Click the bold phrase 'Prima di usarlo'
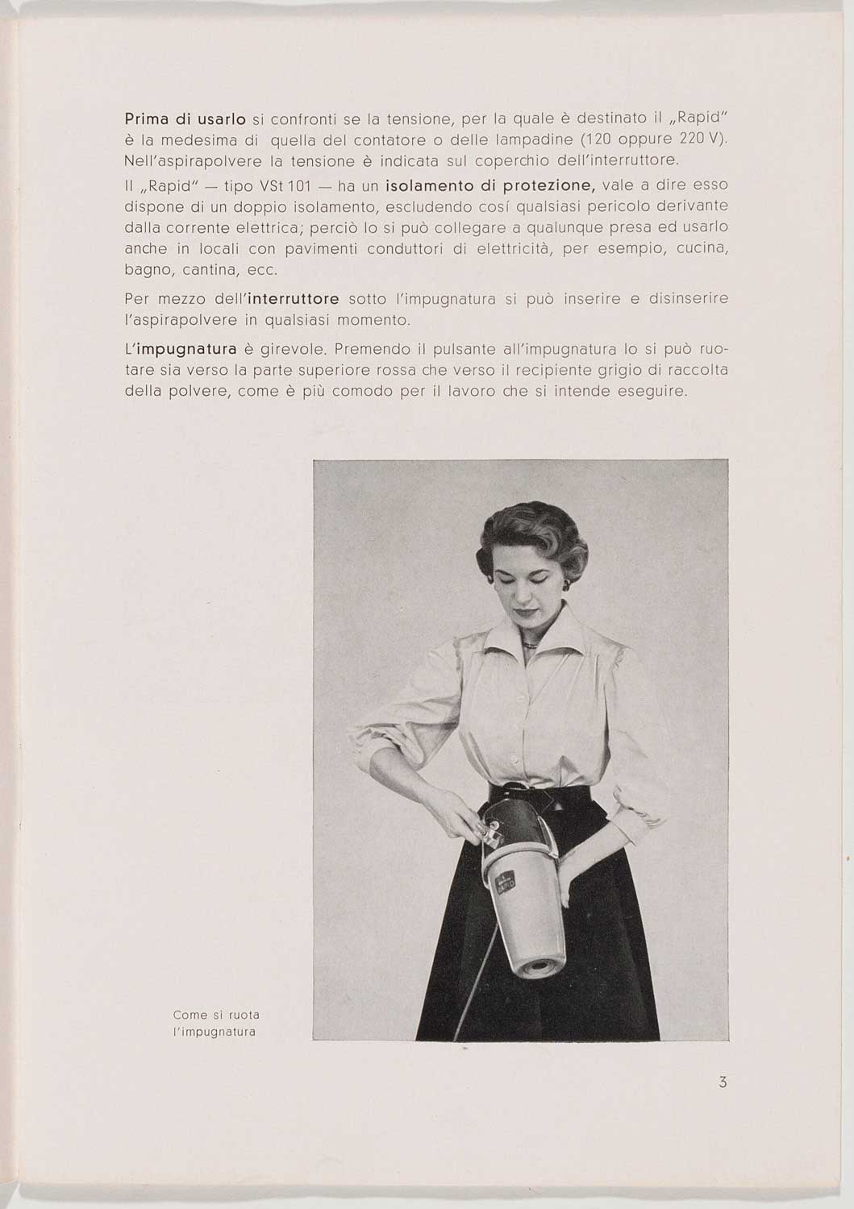185,119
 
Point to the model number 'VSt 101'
282,186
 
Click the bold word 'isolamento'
428,186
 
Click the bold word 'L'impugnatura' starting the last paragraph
181,350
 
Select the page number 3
723,1082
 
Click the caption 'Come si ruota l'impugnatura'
216,1023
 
